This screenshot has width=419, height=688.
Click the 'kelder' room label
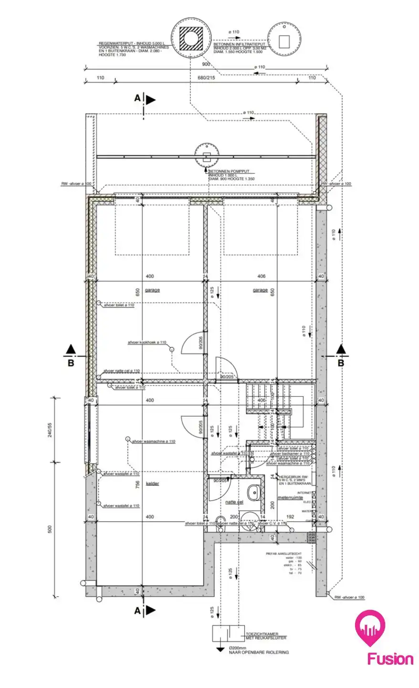tap(153, 484)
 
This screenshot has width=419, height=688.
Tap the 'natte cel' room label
tap(234, 502)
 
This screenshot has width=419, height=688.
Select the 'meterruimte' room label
tap(290, 497)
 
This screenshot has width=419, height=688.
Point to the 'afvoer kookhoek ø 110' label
tap(147, 343)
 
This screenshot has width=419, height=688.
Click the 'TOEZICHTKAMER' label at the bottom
tap(262, 634)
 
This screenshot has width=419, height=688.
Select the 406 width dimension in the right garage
tap(261, 276)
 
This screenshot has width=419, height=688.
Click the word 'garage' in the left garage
tap(153, 290)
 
